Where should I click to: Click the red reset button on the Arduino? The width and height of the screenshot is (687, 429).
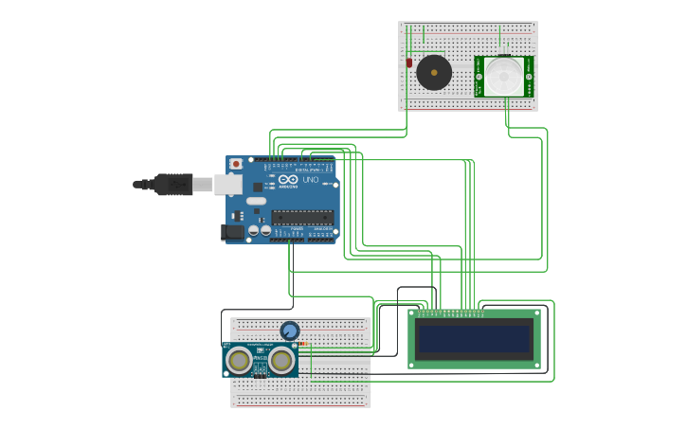coord(235,164)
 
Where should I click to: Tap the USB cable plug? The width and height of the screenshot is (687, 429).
coord(174,184)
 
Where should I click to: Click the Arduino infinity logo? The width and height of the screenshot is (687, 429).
coord(288,179)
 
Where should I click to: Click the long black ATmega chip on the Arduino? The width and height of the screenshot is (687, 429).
coord(302,217)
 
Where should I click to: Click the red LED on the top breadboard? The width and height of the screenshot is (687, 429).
coord(409,63)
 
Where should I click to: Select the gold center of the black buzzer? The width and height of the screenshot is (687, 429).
coord(434,73)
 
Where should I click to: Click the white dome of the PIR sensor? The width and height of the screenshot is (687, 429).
coord(504,75)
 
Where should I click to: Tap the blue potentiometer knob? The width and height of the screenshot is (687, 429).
coord(290,331)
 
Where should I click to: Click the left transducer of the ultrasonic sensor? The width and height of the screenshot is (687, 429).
coord(240,360)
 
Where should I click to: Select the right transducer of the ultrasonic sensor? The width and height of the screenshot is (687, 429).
coord(281,360)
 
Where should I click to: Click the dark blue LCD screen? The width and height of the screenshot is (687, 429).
coord(475,338)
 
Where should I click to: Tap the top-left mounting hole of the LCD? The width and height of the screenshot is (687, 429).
coord(414,313)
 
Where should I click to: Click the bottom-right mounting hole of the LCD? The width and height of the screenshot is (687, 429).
coord(535,363)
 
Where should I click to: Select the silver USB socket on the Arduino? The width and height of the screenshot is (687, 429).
coord(228,184)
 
